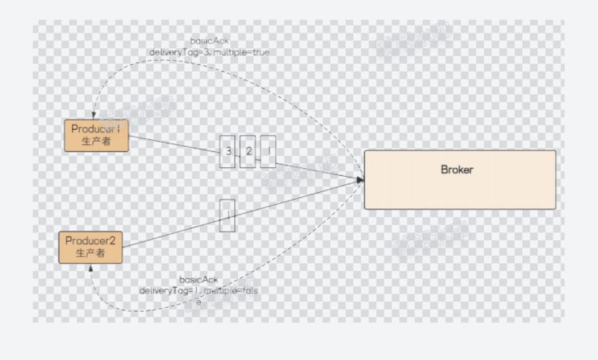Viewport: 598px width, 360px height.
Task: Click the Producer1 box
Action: point(96,136)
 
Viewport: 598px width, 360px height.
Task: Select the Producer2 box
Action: point(90,247)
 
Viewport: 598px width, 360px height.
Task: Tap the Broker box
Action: point(460,180)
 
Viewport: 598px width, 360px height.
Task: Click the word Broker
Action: point(457,169)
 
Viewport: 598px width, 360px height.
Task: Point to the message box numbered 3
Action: point(228,151)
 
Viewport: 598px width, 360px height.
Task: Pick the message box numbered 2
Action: point(248,151)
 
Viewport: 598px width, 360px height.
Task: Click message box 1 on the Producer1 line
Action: point(268,151)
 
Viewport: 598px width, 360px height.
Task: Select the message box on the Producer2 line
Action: point(228,215)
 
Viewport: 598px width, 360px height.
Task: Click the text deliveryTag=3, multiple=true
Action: point(209,52)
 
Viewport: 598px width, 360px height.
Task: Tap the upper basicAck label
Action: point(209,42)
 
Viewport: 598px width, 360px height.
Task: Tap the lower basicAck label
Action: point(199,280)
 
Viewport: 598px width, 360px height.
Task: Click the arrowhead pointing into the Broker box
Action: point(361,180)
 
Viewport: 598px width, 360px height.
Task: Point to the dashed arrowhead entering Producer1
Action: point(94,115)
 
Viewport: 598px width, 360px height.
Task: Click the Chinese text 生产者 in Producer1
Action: point(96,141)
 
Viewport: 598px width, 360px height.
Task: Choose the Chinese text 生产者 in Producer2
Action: point(90,253)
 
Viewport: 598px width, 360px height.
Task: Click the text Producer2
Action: point(90,241)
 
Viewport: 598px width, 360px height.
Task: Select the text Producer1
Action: point(96,129)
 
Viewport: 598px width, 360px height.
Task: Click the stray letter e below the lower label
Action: point(199,301)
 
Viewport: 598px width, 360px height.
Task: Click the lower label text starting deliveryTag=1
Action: point(199,291)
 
